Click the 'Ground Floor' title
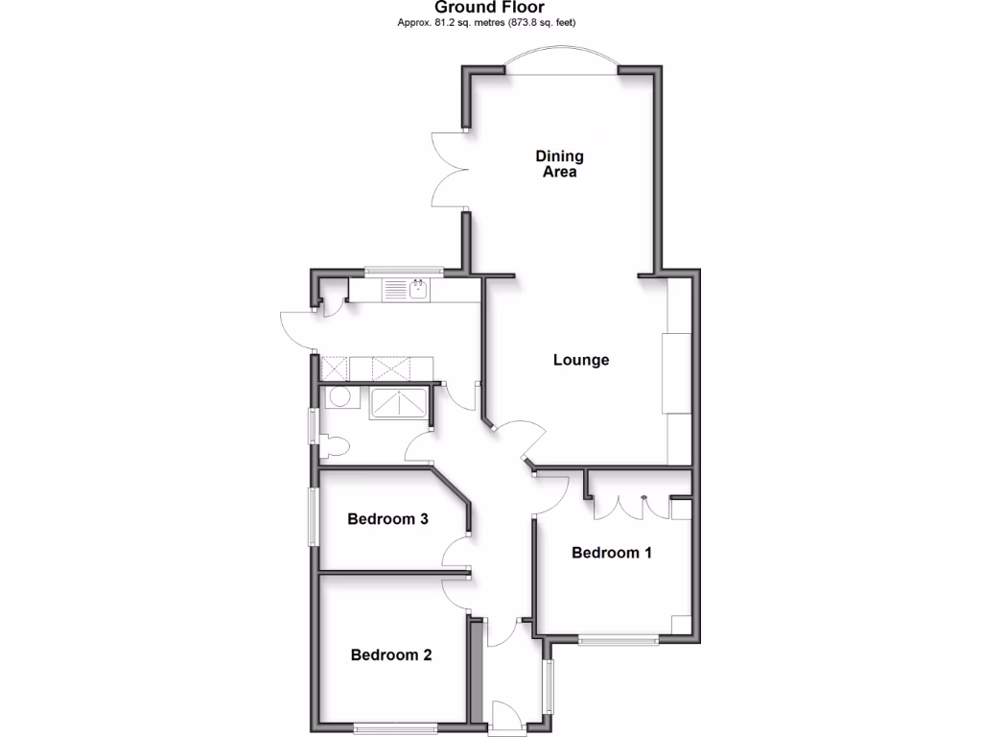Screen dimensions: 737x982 491,8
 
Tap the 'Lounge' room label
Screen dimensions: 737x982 581,361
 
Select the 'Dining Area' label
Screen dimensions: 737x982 559,164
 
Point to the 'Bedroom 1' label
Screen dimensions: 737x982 612,553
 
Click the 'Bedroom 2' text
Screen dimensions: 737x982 390,655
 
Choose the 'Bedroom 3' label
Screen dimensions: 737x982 387,519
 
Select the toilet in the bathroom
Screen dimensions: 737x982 335,445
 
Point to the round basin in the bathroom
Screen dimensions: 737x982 339,397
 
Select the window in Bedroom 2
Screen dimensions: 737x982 395,728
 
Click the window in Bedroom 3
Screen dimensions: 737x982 313,518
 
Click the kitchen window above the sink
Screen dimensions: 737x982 403,271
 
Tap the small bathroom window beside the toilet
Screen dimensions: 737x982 313,426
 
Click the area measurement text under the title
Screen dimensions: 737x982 492,22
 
